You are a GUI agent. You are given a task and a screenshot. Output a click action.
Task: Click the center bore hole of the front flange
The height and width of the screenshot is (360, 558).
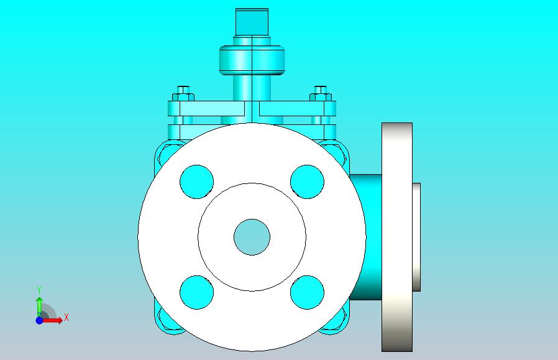pos(252,237)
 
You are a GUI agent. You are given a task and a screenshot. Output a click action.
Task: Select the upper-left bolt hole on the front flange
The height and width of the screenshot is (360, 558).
pos(197,182)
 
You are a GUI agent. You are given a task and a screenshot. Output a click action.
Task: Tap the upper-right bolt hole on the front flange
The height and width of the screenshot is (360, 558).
pos(307,182)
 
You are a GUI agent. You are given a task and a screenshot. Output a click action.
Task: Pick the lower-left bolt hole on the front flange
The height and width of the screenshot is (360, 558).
pos(197,292)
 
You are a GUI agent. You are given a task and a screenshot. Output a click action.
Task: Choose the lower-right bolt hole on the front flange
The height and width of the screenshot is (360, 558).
pos(307,292)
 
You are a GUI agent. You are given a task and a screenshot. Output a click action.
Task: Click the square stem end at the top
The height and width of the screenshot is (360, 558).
pos(252,22)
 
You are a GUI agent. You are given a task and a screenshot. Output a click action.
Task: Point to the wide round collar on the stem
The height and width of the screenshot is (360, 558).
pos(252,60)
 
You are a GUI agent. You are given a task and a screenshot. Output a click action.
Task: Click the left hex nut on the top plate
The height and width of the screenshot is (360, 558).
pos(183,97)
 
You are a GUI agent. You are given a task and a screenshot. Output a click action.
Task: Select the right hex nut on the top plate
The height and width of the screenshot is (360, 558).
pos(321,97)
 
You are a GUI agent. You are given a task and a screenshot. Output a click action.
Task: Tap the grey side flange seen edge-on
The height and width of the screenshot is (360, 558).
pos(397,237)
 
